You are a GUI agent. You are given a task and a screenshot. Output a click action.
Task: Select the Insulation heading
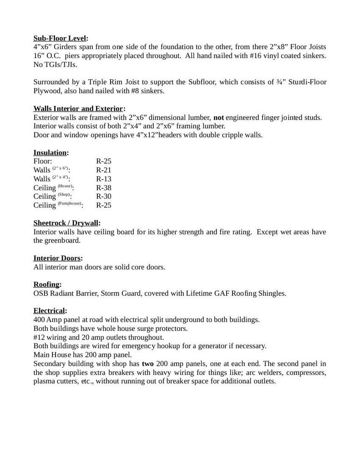pyautogui.click(x=51, y=152)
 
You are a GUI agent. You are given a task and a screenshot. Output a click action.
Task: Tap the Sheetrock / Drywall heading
pyautogui.click(x=67, y=223)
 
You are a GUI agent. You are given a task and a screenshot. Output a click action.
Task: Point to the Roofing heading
pyautogui.click(x=47, y=284)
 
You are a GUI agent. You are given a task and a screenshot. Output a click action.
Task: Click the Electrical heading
pyautogui.click(x=50, y=311)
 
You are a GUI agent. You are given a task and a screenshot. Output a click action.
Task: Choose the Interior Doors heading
pyautogui.click(x=58, y=258)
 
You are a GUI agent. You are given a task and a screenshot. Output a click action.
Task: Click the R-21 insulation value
pyautogui.click(x=104, y=170)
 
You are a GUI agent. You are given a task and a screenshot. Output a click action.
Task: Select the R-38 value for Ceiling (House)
pyautogui.click(x=104, y=187)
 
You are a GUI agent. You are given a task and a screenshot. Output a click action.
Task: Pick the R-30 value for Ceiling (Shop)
pyautogui.click(x=104, y=196)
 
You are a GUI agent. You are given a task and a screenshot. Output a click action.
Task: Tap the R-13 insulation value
pyautogui.click(x=104, y=179)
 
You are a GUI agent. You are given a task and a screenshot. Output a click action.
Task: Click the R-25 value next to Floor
pyautogui.click(x=104, y=161)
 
